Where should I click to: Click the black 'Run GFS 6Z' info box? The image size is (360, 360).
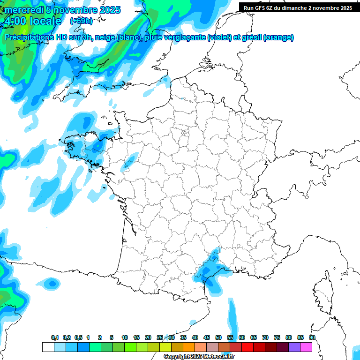298,7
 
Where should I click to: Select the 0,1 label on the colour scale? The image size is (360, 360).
54,338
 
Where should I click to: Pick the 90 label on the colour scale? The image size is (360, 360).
312,338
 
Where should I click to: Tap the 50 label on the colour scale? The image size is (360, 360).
218,338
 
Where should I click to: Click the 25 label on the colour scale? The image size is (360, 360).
160,338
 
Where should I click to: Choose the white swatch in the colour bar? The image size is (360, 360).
48,347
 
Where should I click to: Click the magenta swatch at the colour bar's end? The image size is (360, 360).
306,347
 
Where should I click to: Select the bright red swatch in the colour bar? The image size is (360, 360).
247,347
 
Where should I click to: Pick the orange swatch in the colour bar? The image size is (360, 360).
189,347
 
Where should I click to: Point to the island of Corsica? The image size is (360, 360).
323,293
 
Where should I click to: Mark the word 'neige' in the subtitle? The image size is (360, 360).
105,37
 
